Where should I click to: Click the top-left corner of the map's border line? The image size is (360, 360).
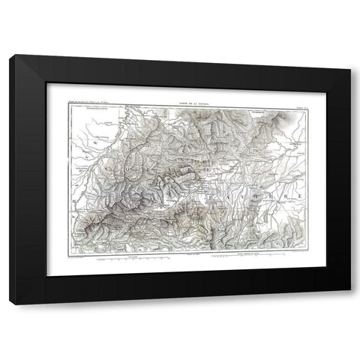pyautogui.click(x=69, y=106)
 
